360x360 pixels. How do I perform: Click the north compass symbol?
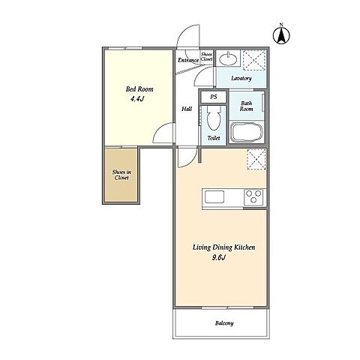click(281, 35)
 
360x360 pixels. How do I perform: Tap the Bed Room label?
click(139, 89)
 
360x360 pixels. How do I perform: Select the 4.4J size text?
click(137, 99)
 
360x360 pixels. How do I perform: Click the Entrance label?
click(188, 60)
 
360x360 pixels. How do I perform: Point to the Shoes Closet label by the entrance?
click(207, 57)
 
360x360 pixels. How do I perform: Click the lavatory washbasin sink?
click(228, 59)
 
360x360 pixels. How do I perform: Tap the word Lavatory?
click(241, 78)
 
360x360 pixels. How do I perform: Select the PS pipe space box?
click(213, 97)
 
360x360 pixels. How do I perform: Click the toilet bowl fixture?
click(214, 118)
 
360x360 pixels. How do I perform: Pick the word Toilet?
click(214, 138)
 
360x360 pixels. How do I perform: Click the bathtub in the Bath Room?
click(247, 132)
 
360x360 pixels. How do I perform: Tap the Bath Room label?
click(247, 106)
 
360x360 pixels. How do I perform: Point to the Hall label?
click(187, 109)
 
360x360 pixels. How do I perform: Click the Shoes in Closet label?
click(121, 175)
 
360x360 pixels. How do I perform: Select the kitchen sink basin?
click(214, 196)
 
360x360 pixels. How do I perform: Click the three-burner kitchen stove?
click(253, 197)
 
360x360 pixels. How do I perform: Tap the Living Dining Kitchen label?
click(223, 247)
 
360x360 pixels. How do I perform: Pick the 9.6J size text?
click(219, 257)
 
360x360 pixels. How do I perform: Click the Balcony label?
click(224, 323)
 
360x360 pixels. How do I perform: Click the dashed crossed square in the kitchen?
click(256, 160)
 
